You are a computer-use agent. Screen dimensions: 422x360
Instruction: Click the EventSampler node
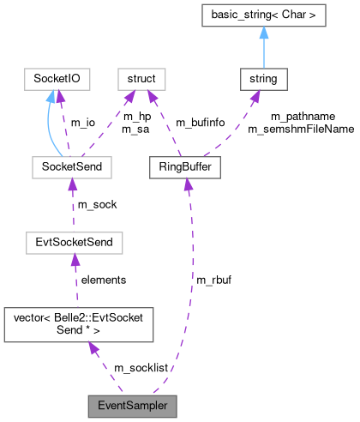(x=132, y=405)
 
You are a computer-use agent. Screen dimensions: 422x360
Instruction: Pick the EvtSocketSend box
(x=74, y=243)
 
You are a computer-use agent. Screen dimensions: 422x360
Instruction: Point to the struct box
(x=141, y=81)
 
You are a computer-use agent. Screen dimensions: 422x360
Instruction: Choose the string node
(x=262, y=81)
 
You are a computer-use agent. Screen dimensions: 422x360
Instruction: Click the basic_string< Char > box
(x=262, y=15)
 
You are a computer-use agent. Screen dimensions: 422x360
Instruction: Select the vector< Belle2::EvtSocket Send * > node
(x=79, y=323)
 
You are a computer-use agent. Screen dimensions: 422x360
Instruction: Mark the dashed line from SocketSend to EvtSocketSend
(x=73, y=205)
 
